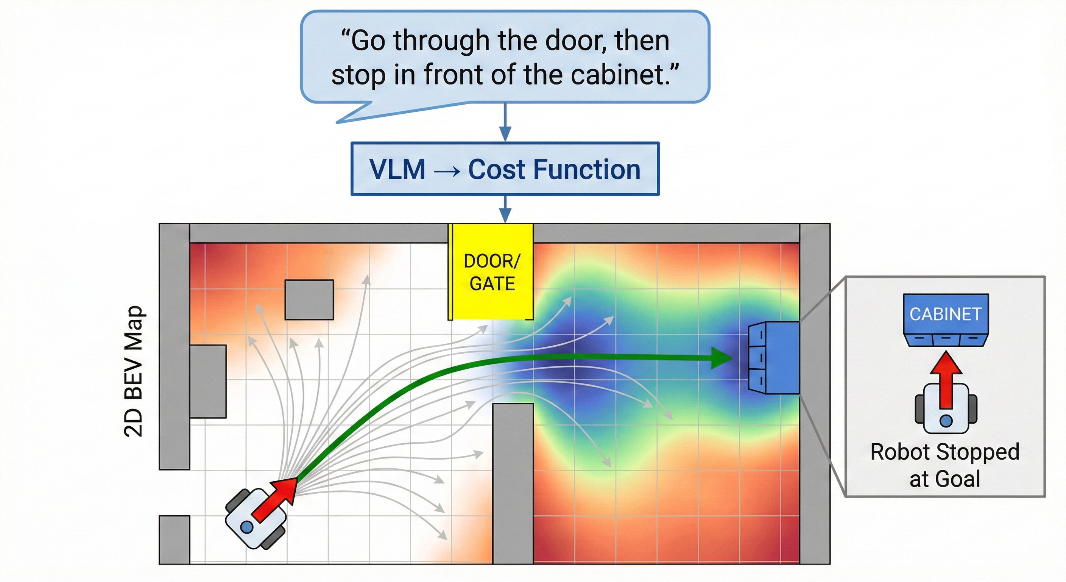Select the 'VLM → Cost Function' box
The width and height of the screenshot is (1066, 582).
tap(505, 169)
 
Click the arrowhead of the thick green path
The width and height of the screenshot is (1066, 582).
tap(722, 358)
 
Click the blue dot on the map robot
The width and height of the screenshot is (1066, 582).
tap(247, 527)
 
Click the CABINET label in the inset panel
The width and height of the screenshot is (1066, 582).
tap(946, 314)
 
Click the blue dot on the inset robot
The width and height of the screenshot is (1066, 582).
tap(946, 421)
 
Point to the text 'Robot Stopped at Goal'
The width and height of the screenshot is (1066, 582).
tap(945, 465)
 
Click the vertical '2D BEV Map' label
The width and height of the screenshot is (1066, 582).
tap(134, 371)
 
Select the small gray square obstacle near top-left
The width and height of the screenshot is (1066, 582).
tap(309, 299)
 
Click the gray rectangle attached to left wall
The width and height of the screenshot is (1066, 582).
tap(208, 381)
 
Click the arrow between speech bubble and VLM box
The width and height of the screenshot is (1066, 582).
tap(505, 122)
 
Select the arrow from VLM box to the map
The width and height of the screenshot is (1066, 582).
tap(505, 209)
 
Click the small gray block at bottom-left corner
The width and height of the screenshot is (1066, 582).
tap(174, 539)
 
